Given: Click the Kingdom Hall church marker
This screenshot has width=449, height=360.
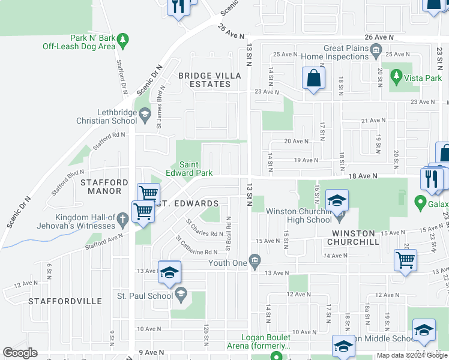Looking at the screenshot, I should (123, 219).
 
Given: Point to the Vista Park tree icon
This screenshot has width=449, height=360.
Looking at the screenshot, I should (396, 76).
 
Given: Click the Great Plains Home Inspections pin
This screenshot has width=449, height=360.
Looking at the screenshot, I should (376, 49).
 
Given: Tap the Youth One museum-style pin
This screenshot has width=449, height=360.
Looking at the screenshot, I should (255, 260).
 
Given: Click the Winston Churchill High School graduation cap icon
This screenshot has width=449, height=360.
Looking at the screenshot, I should (337, 200).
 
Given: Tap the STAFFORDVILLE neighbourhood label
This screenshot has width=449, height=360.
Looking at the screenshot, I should (65, 300).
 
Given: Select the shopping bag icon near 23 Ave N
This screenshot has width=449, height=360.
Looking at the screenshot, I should (313, 78).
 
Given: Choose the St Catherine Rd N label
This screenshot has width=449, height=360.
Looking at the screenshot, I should (196, 245).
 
